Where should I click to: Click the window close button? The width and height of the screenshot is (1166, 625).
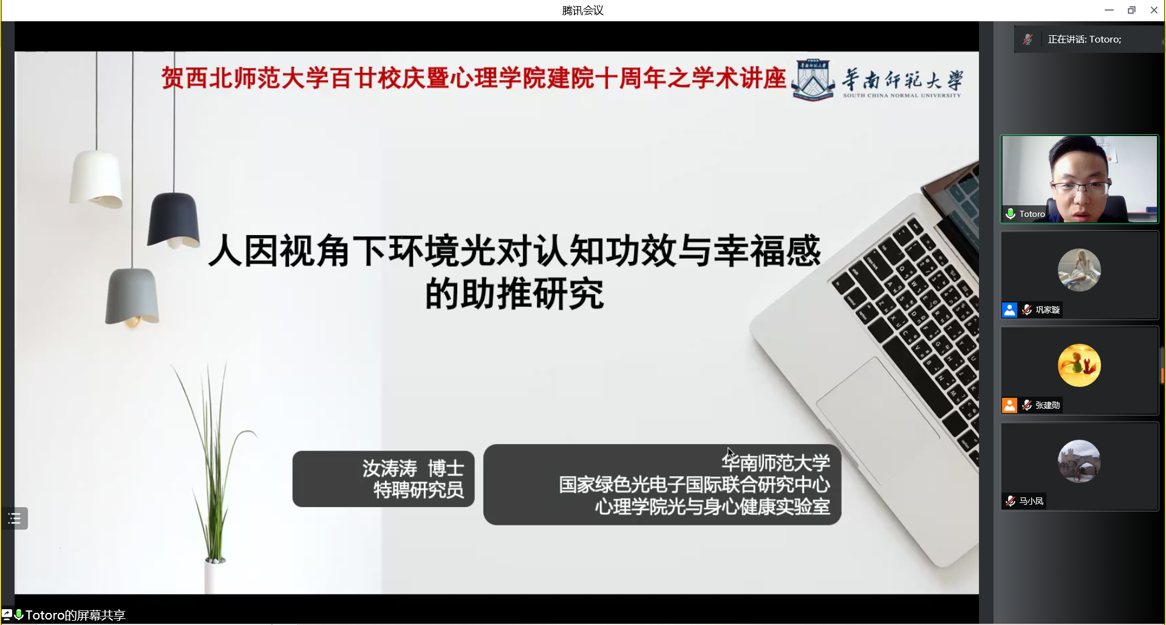pos(1154,10)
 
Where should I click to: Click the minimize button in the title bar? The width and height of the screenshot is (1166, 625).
pos(1109,10)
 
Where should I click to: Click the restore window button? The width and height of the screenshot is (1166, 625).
pos(1131,10)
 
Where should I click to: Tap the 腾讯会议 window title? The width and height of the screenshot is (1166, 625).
pos(582,10)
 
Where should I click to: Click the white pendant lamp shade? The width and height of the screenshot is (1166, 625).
pos(96,179)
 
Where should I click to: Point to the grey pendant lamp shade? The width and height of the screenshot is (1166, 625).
pos(132,297)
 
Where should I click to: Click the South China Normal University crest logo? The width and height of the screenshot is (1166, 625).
pos(813,80)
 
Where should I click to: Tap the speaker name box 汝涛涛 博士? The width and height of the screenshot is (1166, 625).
pos(383,479)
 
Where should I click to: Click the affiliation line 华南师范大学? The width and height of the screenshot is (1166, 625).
pos(776,463)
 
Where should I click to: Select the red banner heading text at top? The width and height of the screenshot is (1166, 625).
pos(474,78)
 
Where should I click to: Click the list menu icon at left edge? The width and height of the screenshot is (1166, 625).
pos(15,518)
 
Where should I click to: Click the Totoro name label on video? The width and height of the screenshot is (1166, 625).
pos(1032,214)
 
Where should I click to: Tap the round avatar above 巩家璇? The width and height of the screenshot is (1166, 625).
pos(1079,270)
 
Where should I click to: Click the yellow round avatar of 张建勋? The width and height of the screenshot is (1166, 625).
pos(1079,365)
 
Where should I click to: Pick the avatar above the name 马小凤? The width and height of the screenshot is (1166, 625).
pos(1079,461)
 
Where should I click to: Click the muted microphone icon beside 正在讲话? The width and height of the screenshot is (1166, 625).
pos(1028,39)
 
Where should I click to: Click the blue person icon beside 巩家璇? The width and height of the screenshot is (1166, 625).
pos(1009,310)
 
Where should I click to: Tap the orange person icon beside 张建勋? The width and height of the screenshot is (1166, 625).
pos(1009,405)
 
